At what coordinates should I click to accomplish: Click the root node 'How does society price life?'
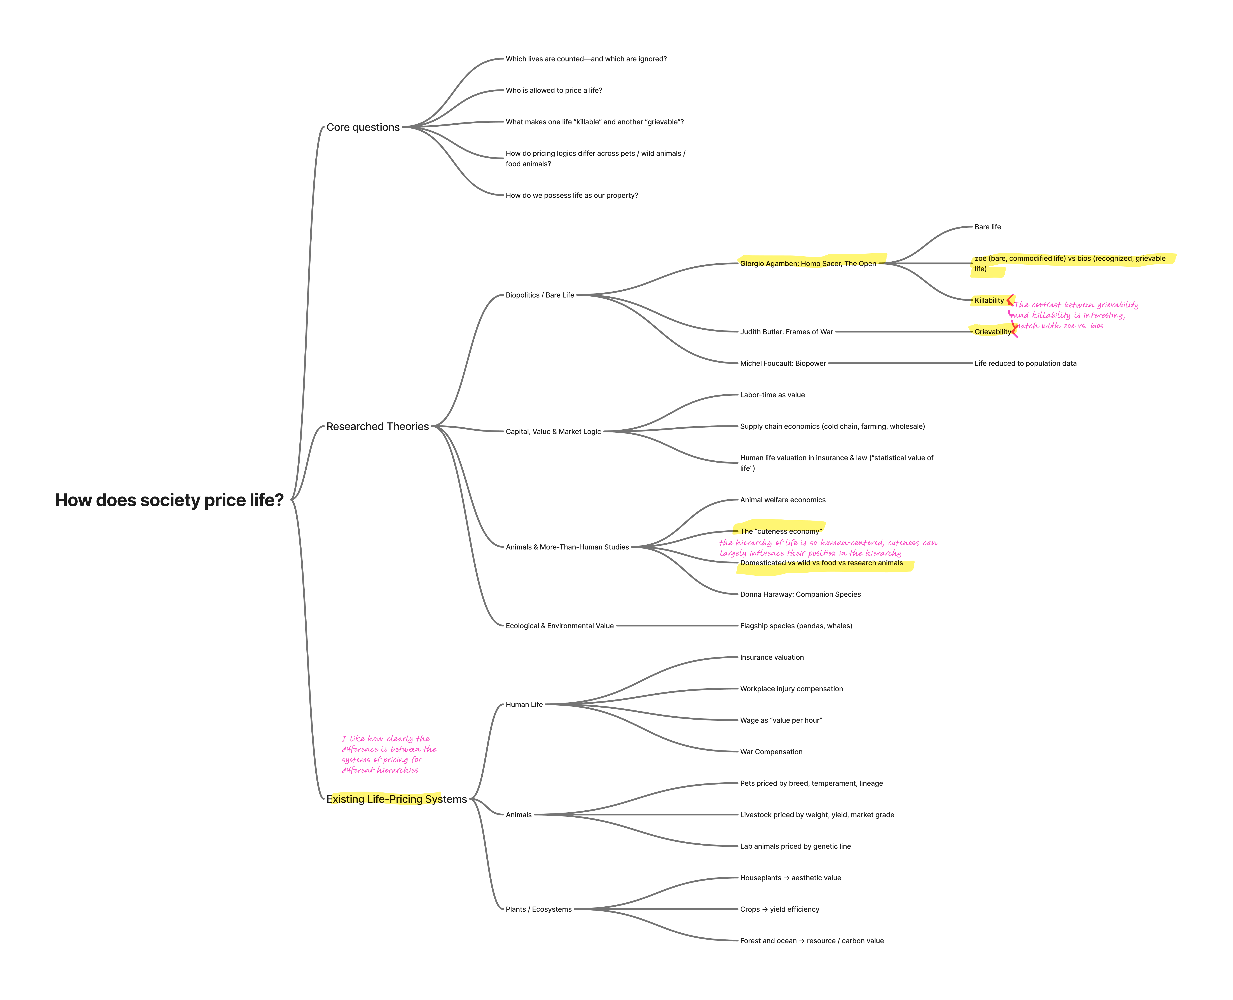click(x=169, y=500)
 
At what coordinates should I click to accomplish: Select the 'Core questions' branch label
click(x=363, y=127)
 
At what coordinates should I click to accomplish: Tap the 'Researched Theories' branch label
click(x=377, y=426)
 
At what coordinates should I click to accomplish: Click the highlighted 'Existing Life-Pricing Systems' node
click(x=396, y=799)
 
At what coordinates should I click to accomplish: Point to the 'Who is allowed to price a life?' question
click(x=554, y=90)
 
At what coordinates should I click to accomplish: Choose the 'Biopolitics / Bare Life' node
click(x=540, y=295)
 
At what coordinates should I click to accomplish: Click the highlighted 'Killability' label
click(x=989, y=300)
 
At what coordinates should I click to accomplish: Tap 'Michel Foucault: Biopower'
click(x=783, y=364)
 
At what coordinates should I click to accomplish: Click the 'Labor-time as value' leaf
click(x=772, y=395)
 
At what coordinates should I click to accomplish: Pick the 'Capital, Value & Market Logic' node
click(x=553, y=432)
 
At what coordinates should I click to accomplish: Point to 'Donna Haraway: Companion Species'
click(x=800, y=594)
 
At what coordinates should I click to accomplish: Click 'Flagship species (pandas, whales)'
click(x=796, y=626)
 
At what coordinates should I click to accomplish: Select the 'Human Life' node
click(x=524, y=705)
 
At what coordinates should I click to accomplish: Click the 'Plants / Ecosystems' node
click(x=538, y=909)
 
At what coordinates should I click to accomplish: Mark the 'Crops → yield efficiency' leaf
click(x=779, y=909)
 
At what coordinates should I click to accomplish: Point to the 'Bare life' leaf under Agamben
click(x=987, y=227)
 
